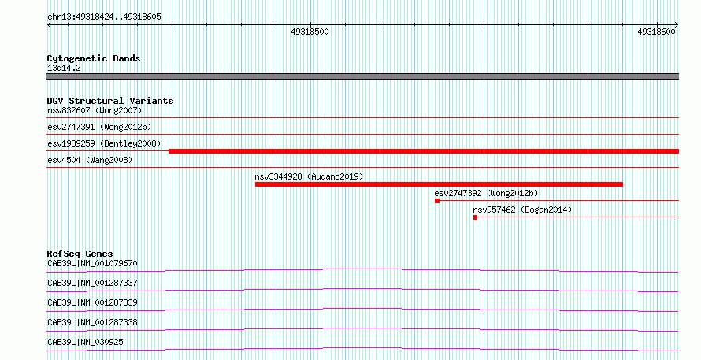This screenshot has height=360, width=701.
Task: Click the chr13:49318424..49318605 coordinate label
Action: click(x=104, y=17)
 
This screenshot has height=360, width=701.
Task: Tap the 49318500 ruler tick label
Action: click(x=310, y=32)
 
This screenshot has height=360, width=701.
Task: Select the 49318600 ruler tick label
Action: click(x=656, y=32)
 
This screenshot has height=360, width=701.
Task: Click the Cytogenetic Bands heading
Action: click(x=94, y=58)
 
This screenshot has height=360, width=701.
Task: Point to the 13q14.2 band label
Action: click(x=64, y=68)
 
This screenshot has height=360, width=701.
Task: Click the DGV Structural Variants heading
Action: click(x=110, y=101)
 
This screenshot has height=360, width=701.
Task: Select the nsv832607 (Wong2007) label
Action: click(x=95, y=110)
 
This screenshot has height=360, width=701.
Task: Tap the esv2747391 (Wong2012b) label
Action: click(x=99, y=127)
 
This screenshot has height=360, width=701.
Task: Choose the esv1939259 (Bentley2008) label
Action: click(x=104, y=143)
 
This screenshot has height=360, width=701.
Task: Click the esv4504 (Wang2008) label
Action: click(x=90, y=160)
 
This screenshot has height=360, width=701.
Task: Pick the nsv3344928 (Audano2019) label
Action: click(x=309, y=176)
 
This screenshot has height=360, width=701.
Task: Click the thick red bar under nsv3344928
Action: click(x=439, y=184)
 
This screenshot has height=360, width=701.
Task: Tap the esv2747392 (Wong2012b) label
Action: click(x=487, y=193)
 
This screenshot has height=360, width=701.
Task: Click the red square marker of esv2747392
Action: click(x=437, y=201)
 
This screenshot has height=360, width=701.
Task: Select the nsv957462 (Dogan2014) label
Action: click(x=522, y=210)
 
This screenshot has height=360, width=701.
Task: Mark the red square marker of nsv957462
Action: click(x=475, y=217)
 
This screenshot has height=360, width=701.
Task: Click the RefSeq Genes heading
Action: click(x=80, y=254)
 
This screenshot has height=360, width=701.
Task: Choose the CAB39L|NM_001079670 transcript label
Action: click(x=92, y=263)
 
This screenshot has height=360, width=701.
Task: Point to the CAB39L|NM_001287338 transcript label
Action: click(x=92, y=322)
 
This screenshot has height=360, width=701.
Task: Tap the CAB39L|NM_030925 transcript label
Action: click(x=85, y=342)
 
